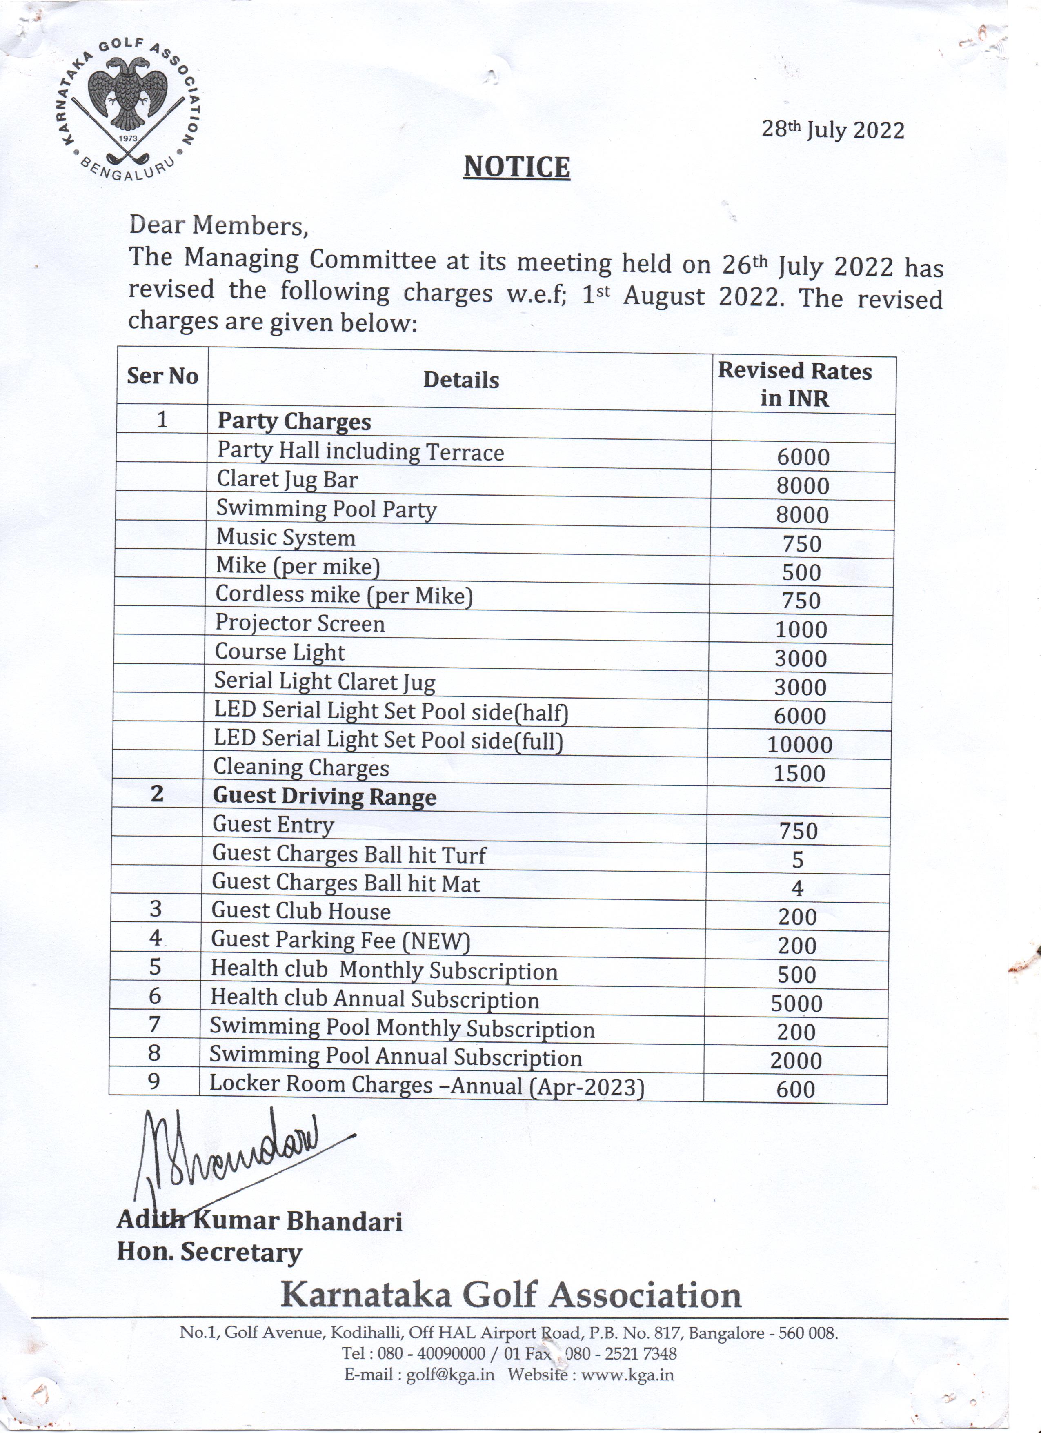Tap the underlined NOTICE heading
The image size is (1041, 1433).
[517, 167]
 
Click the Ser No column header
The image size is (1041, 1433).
[162, 376]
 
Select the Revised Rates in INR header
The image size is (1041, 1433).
[795, 384]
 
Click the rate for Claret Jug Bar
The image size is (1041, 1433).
[802, 486]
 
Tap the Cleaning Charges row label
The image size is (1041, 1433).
[301, 768]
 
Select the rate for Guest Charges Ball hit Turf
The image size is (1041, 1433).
[797, 859]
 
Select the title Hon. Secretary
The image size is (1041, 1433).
[209, 1252]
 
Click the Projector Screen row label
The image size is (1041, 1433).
[299, 624]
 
